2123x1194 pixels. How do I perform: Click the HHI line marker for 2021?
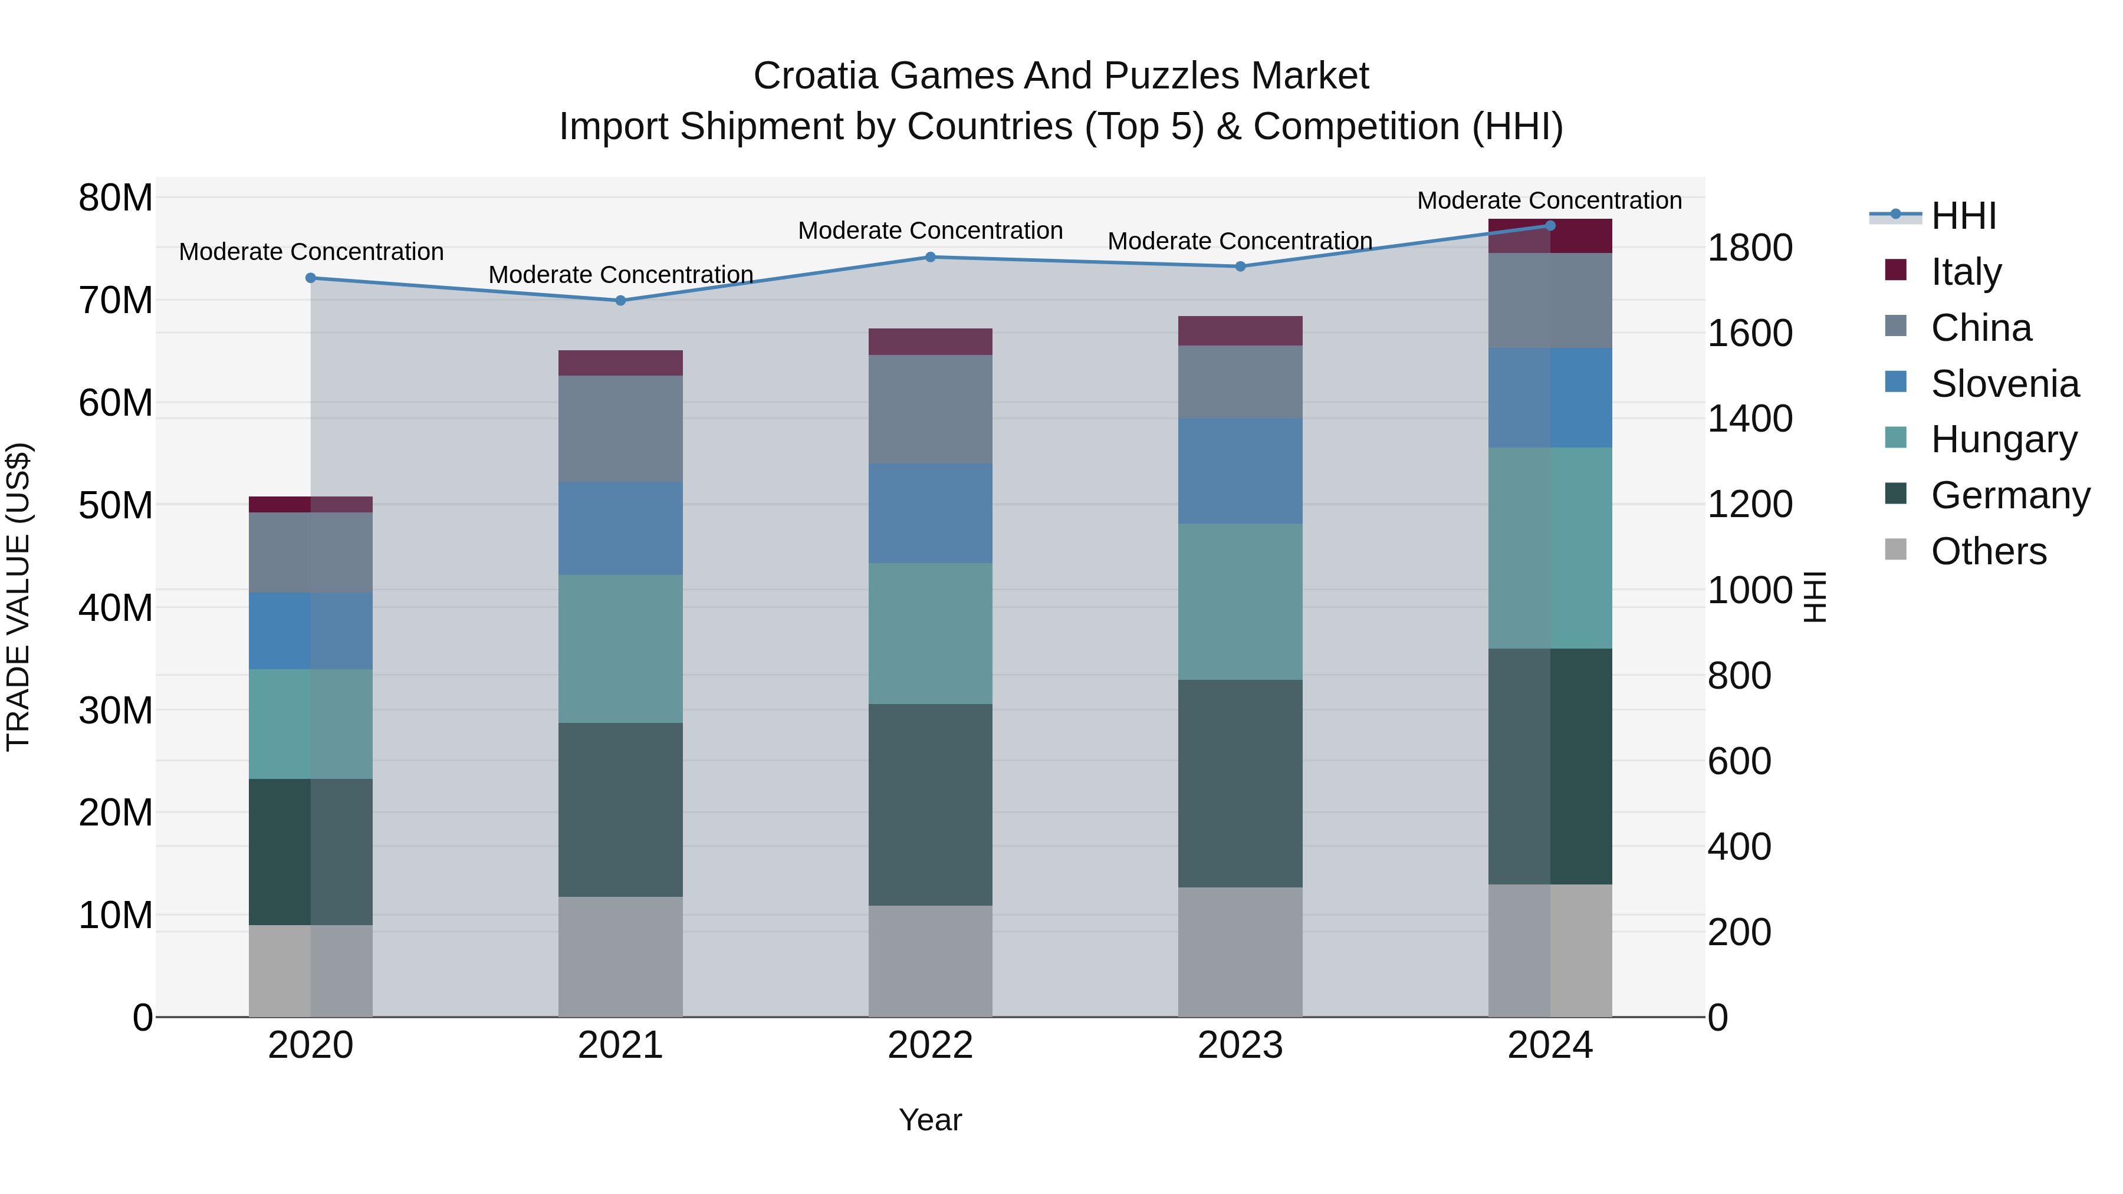[620, 301]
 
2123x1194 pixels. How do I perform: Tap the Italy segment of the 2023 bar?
[1240, 330]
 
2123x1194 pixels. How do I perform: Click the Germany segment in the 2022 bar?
[931, 804]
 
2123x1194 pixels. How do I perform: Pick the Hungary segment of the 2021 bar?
[620, 649]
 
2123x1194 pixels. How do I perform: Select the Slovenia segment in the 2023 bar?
[1240, 471]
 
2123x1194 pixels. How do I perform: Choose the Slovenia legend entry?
[2004, 384]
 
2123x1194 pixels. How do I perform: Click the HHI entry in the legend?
[1963, 216]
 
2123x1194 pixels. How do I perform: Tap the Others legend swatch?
[1895, 550]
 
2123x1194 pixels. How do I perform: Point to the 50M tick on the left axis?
[116, 505]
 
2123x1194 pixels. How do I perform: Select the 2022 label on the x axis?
[931, 1045]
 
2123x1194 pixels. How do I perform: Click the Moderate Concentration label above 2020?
[311, 251]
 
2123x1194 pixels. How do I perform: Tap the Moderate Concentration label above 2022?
[931, 231]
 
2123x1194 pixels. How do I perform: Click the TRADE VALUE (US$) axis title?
[18, 597]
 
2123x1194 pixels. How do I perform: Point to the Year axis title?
[931, 1120]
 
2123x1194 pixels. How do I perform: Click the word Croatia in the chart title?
[816, 76]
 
